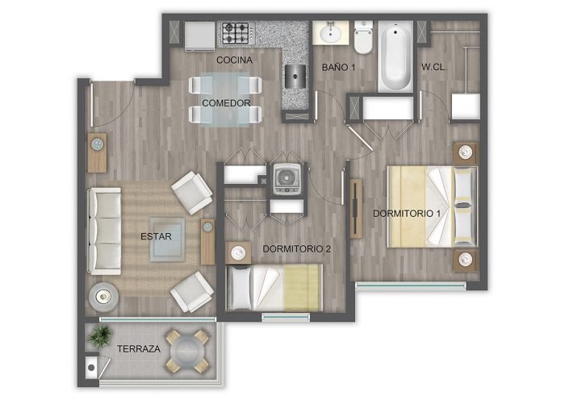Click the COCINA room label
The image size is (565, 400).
click(234, 60)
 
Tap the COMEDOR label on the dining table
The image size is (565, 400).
click(226, 103)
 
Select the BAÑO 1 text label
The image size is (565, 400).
click(338, 67)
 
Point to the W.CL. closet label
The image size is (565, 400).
click(434, 67)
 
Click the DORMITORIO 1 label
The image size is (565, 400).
click(407, 214)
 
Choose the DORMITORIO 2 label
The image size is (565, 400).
click(296, 248)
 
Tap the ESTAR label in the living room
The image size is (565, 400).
click(156, 236)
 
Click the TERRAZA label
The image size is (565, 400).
click(139, 349)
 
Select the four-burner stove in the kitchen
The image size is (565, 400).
click(236, 33)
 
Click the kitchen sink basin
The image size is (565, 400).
click(295, 77)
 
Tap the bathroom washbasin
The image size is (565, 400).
click(330, 33)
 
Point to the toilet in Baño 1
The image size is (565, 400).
click(363, 37)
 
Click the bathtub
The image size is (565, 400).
click(395, 56)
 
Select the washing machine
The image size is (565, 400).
click(287, 179)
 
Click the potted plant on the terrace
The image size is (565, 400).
click(99, 336)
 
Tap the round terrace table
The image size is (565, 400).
click(187, 352)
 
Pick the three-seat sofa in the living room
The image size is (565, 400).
click(104, 231)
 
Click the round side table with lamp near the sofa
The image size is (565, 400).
click(104, 297)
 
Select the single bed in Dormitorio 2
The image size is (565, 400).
click(274, 288)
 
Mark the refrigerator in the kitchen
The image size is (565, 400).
click(199, 36)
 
